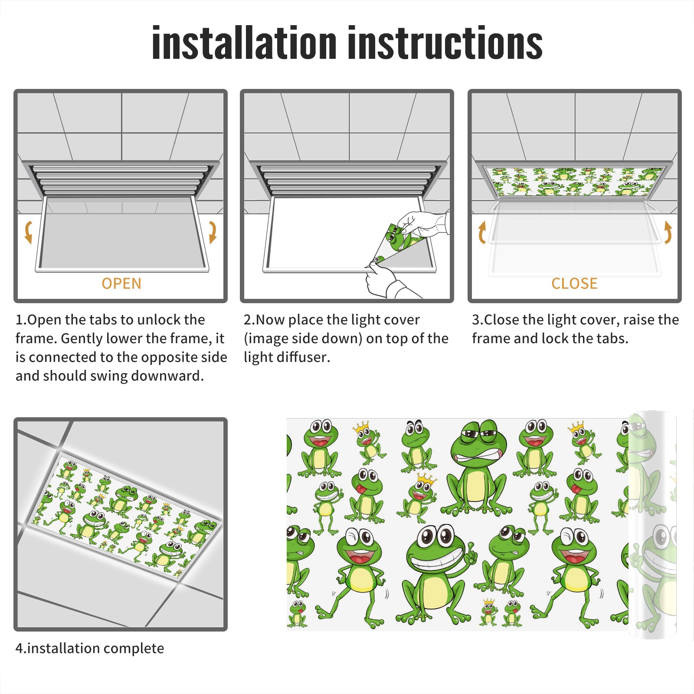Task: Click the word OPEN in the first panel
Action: coord(121,284)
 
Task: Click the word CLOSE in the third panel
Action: coord(574,284)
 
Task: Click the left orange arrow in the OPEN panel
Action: coord(28,232)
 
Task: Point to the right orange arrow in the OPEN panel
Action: coord(213,232)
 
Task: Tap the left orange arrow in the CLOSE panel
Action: coord(482,232)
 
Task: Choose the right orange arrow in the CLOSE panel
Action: coord(668,232)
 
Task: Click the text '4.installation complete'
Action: coord(90,648)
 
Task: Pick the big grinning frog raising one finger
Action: coord(436,573)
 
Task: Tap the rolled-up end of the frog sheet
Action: coord(652,525)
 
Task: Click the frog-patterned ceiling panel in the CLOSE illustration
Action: coord(574,181)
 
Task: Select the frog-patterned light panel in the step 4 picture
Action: coord(126,516)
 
